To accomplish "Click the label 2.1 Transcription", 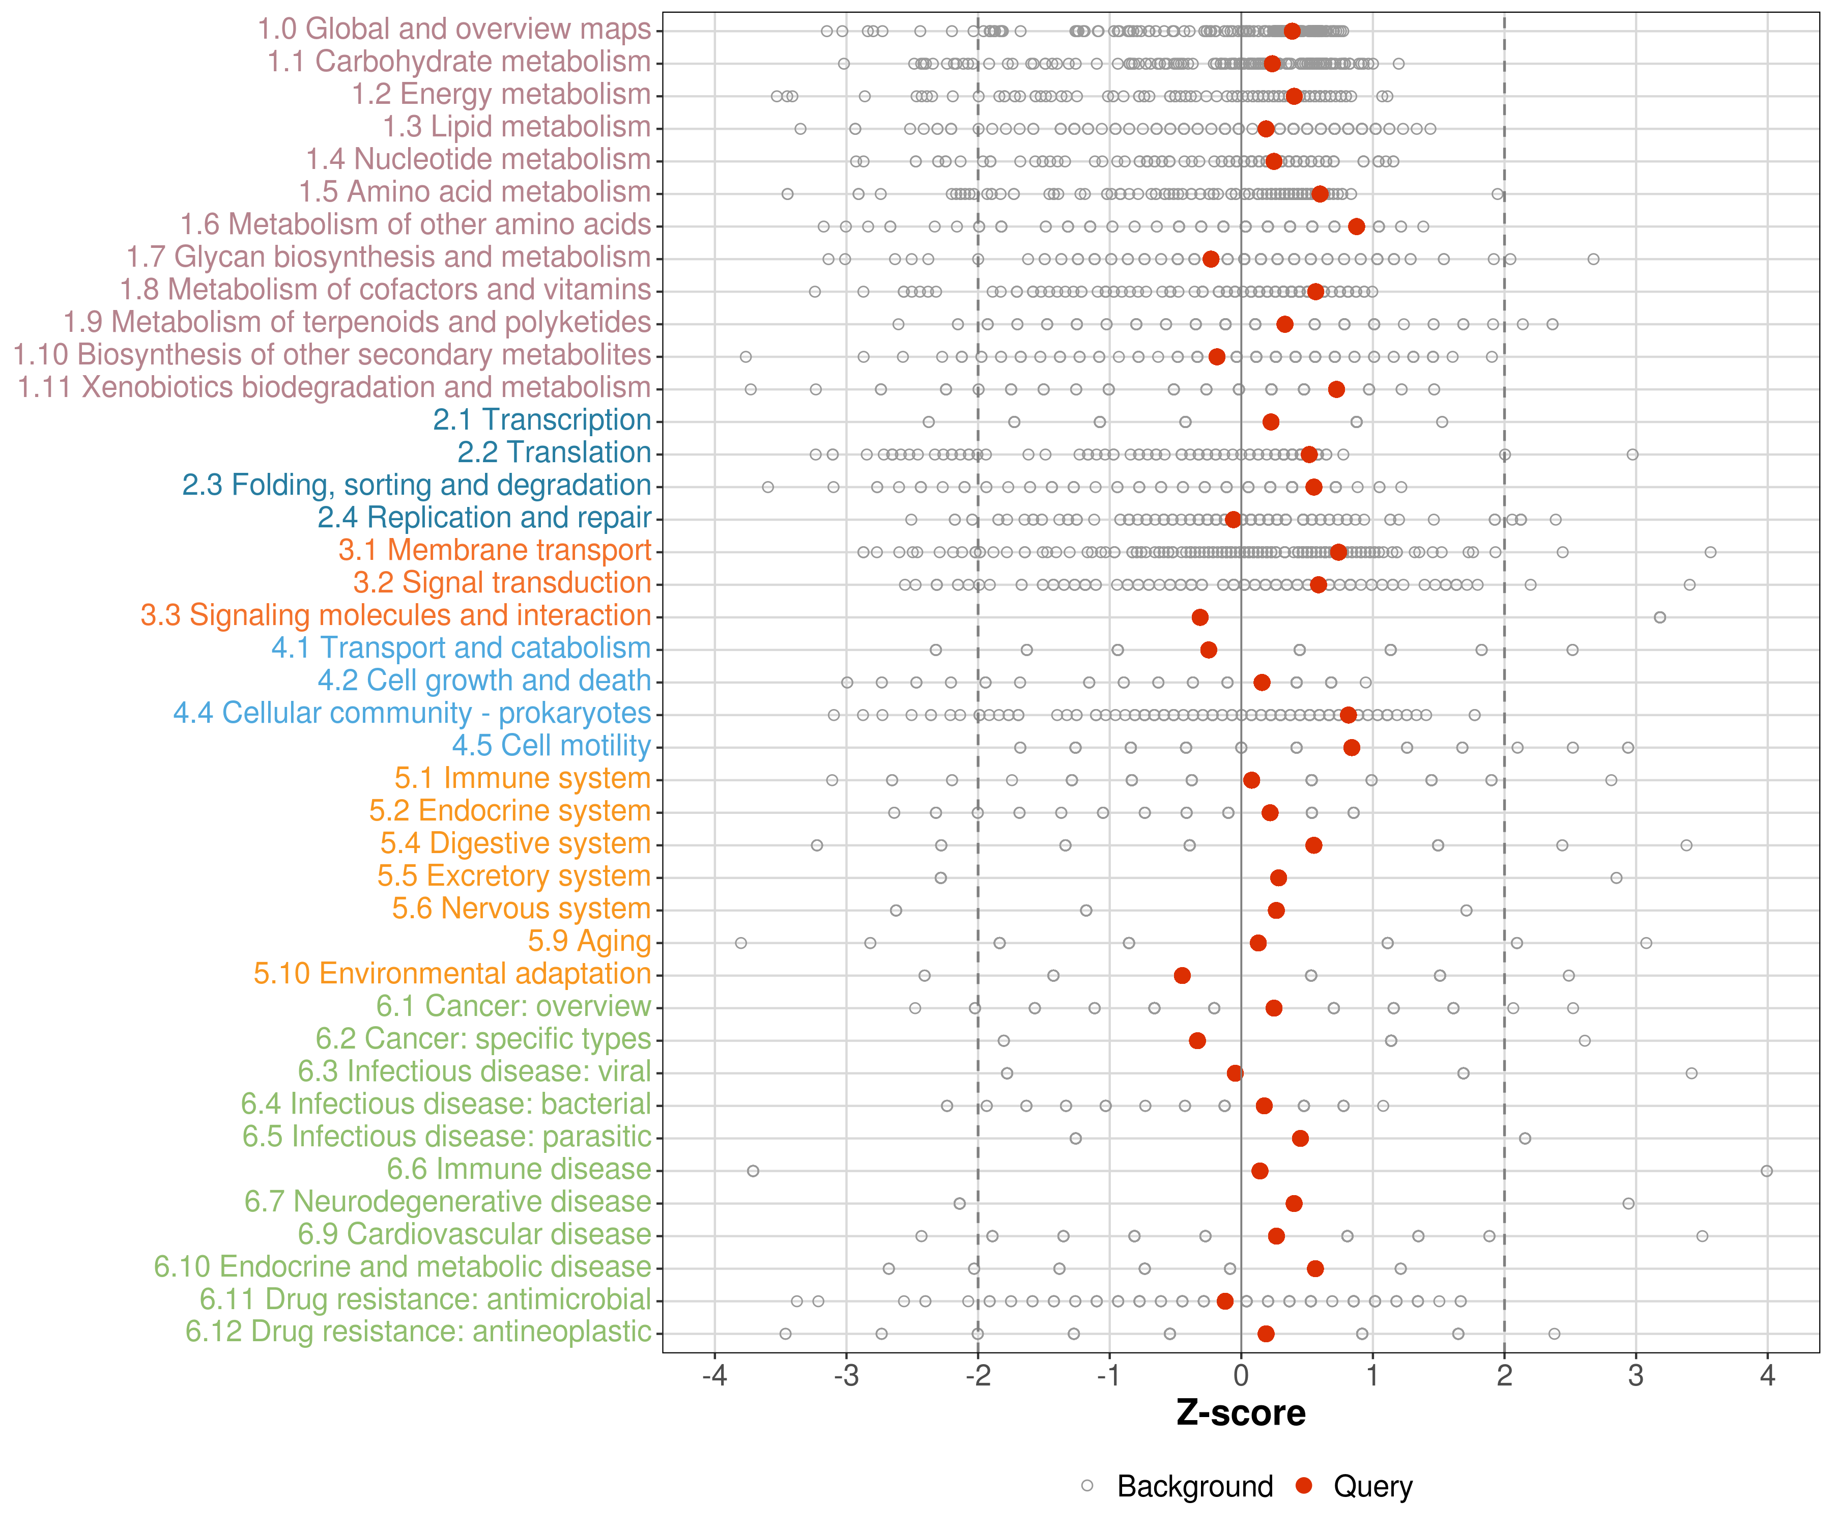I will click(542, 420).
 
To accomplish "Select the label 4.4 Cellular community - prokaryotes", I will click(412, 713).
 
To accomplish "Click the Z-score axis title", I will click(1241, 1413).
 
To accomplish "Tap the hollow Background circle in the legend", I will click(1087, 1486).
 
